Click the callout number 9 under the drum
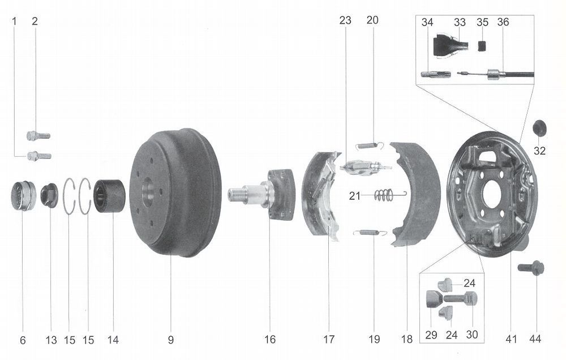[x=171, y=340]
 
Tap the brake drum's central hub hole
[x=148, y=192]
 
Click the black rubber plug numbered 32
[x=540, y=128]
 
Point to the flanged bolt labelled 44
[x=531, y=268]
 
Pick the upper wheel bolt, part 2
[x=38, y=136]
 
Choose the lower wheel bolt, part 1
[x=39, y=156]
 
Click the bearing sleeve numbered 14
[x=109, y=195]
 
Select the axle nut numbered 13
[x=49, y=195]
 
